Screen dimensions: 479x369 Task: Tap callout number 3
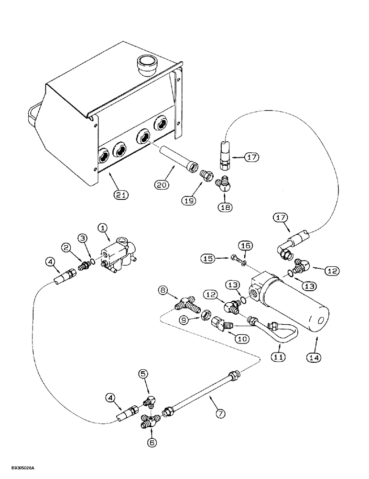pos(83,238)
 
